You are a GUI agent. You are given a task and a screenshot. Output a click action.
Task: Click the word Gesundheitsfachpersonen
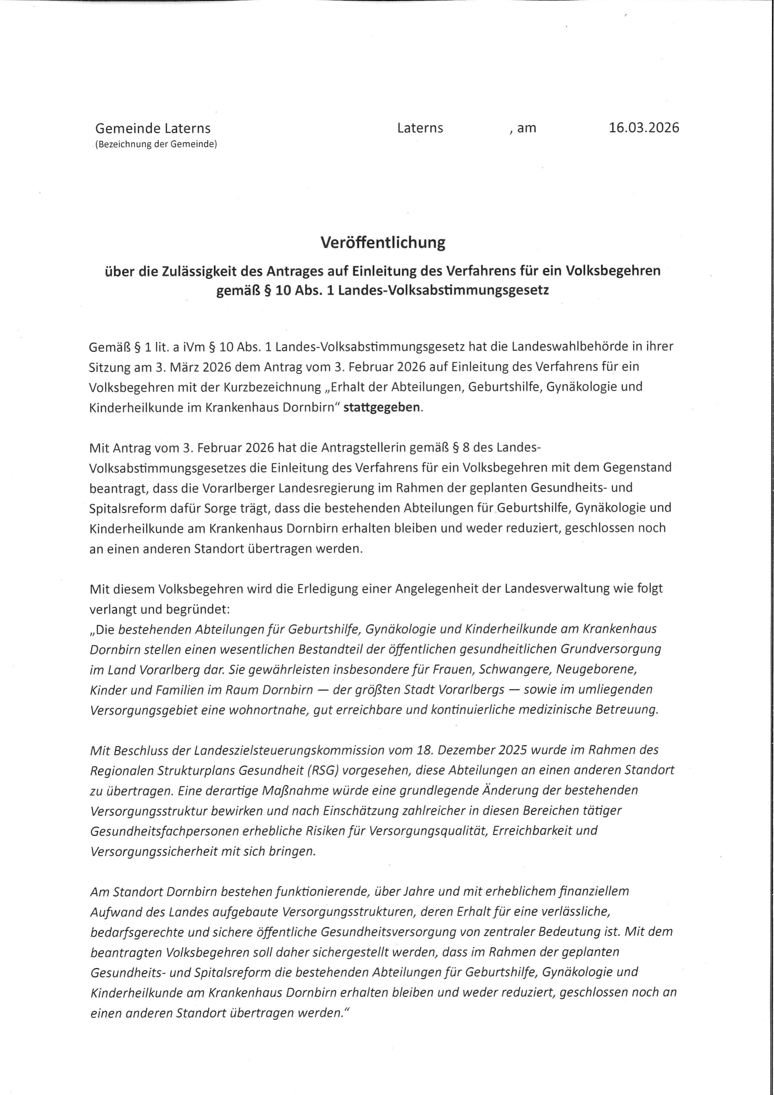(164, 831)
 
